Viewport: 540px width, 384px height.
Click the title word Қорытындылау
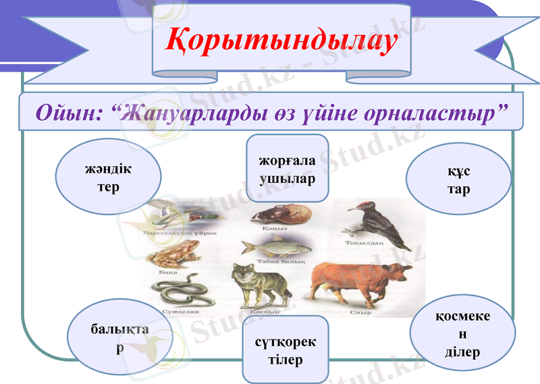(x=281, y=40)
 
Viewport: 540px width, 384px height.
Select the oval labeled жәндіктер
(x=108, y=178)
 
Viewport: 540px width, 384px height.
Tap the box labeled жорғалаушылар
(x=288, y=169)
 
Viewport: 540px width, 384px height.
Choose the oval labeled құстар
(x=458, y=180)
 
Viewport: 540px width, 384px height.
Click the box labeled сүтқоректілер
(x=285, y=350)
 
